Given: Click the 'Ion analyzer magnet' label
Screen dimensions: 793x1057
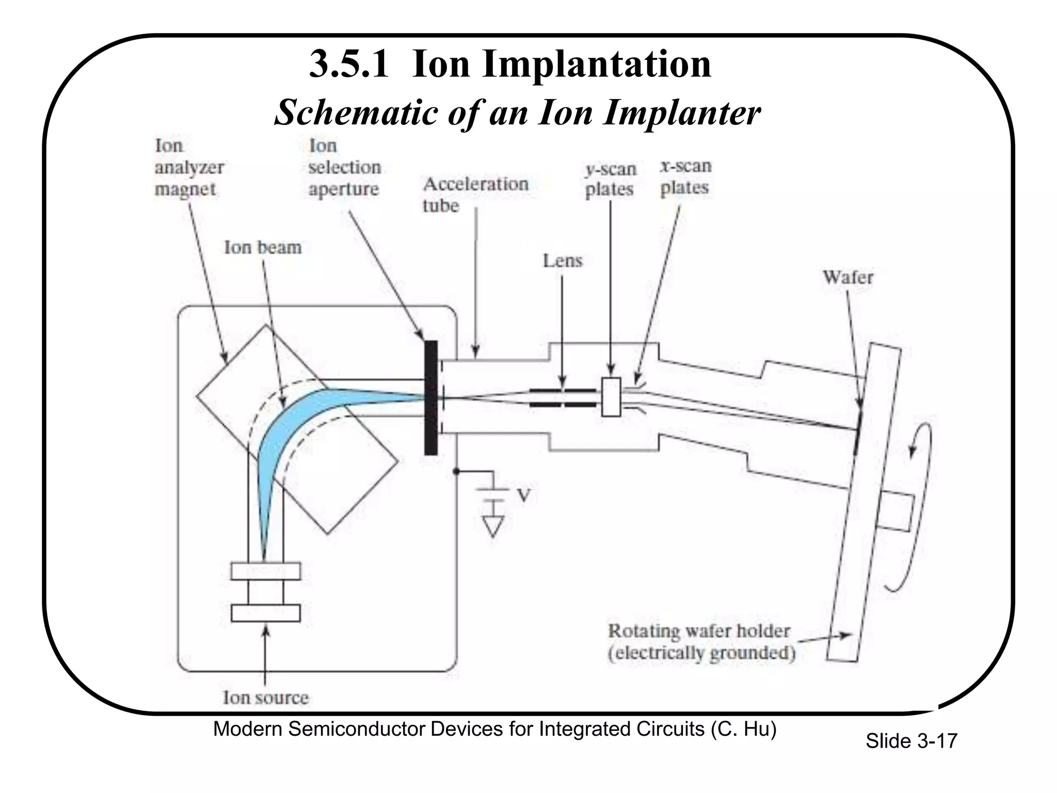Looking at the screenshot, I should tap(188, 168).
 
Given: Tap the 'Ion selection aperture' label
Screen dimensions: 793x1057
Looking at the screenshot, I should tap(344, 168).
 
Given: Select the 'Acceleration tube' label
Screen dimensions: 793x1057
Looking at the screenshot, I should tap(475, 194).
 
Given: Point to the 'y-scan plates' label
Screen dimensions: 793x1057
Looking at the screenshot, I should tap(610, 179).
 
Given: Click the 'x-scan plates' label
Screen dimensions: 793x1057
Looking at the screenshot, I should tap(685, 177).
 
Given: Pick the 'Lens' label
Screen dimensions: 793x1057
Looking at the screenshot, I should tap(562, 261).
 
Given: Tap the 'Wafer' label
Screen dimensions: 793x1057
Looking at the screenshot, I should tap(847, 277).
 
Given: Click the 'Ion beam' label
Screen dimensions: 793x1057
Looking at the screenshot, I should tap(262, 247).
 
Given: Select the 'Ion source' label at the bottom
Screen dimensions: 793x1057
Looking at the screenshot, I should tap(265, 697).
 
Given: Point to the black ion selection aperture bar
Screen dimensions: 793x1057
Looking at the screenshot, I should tap(430, 398).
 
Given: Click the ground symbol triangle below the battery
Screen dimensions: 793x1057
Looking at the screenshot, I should tap(493, 526).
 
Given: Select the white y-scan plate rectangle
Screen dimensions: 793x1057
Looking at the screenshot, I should tap(611, 397).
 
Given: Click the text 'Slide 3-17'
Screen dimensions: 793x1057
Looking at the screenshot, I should tap(911, 741).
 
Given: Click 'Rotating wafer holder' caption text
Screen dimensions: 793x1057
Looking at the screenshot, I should tap(699, 631).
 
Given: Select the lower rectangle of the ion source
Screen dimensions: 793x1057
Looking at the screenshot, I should tap(265, 613).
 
